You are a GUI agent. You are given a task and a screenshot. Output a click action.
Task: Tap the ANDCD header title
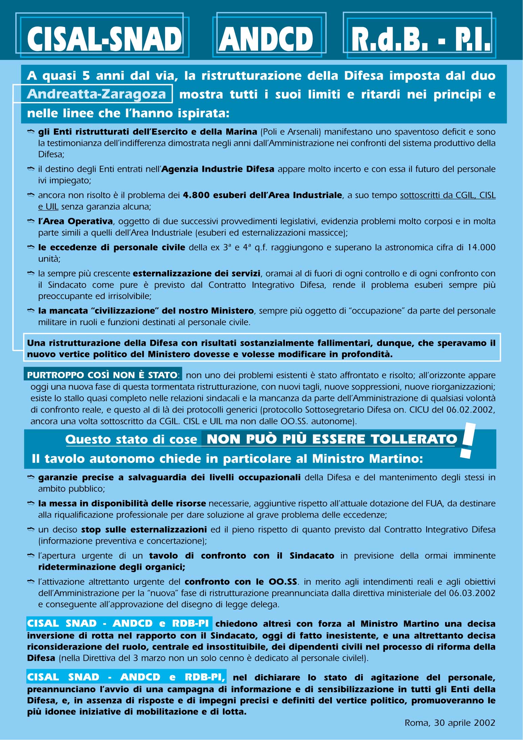click(x=266, y=39)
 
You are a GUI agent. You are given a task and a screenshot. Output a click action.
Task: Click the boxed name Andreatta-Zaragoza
click(x=96, y=94)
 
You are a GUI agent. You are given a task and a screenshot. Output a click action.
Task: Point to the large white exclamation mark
click(x=468, y=441)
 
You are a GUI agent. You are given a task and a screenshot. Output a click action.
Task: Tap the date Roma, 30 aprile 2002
click(x=450, y=723)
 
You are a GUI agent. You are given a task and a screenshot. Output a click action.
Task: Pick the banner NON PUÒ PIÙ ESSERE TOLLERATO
click(x=332, y=439)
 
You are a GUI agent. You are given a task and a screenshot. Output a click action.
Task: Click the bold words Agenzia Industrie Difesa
click(x=218, y=169)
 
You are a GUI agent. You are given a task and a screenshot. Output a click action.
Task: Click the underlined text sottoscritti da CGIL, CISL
click(x=447, y=195)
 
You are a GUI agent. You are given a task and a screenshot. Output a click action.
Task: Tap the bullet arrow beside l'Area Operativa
click(x=31, y=221)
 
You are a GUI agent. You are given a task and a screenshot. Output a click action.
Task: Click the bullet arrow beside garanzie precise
click(x=31, y=478)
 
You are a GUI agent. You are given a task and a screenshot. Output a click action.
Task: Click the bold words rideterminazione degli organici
click(x=111, y=567)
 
